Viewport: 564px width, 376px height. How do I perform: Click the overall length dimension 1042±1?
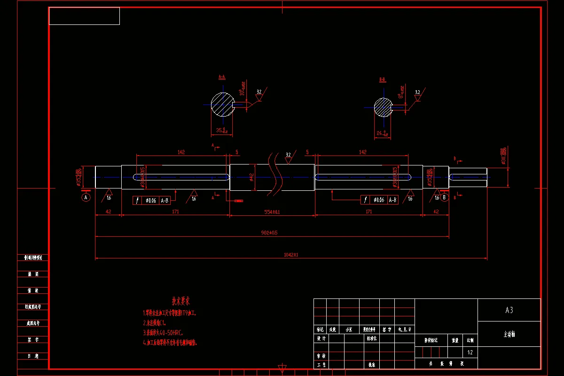[x=291, y=255]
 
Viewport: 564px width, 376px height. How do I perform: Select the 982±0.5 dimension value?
[x=272, y=233]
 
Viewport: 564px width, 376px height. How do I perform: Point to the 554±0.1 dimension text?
[x=272, y=212]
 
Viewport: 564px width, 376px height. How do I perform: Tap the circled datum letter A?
[x=86, y=197]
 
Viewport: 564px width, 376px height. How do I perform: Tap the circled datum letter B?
[x=445, y=197]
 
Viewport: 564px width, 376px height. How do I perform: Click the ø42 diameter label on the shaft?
[x=252, y=177]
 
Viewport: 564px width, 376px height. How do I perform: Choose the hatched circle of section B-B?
[x=383, y=108]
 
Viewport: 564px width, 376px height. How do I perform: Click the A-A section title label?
[x=222, y=76]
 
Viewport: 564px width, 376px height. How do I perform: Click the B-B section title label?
[x=383, y=80]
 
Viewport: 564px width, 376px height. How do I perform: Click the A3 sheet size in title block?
[x=509, y=310]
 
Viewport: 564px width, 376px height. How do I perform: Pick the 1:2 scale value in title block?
[x=470, y=352]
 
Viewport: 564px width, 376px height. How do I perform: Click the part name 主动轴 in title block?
[x=509, y=335]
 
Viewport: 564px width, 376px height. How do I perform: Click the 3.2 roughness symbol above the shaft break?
[x=288, y=154]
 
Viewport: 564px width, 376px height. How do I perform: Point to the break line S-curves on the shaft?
[x=275, y=175]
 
